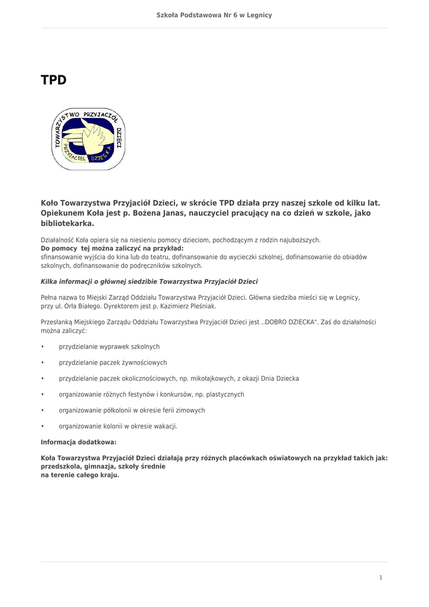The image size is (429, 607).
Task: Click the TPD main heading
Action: point(53,80)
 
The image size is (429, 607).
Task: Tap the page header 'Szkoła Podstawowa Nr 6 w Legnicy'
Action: point(214,15)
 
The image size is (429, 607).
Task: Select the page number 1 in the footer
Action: point(381,577)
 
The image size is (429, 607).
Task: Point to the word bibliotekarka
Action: point(67,224)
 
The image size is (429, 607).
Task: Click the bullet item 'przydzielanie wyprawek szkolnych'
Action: point(109,347)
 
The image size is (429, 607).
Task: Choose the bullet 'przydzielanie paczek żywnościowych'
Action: point(112,363)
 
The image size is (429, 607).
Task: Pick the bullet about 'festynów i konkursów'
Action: point(151,394)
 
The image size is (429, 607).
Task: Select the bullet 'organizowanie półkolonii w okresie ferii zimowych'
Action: point(131,410)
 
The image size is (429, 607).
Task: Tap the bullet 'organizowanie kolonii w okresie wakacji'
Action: point(118,426)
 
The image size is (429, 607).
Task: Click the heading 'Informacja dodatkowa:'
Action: point(78,442)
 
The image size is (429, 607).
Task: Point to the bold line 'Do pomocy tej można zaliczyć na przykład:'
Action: point(112,248)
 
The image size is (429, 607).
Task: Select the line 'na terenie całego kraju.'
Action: point(79,475)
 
